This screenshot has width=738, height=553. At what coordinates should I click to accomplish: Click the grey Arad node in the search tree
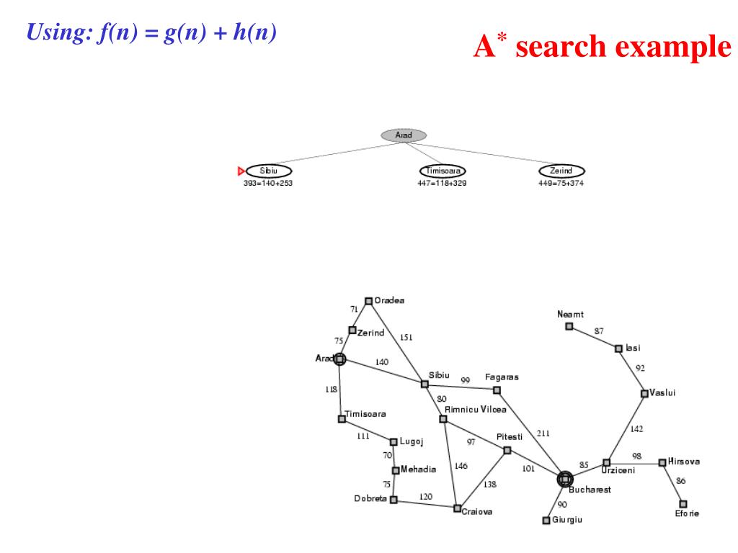click(x=404, y=135)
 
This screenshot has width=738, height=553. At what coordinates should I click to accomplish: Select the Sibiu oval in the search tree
click(x=268, y=171)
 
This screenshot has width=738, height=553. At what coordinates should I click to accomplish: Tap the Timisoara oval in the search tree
click(x=443, y=171)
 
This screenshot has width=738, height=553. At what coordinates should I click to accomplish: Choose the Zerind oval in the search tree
click(x=561, y=171)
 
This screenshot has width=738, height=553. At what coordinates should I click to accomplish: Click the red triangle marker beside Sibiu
click(x=241, y=171)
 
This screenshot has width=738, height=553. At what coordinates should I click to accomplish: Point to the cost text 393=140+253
click(x=268, y=183)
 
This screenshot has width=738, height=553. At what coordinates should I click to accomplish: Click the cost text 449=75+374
click(x=561, y=183)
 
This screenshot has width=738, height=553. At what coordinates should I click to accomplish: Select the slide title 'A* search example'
click(x=602, y=47)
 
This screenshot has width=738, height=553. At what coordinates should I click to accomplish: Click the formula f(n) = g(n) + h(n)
click(x=151, y=32)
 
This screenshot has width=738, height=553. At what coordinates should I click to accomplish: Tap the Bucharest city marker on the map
click(x=565, y=479)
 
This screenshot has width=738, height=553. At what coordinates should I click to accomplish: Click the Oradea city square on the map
click(x=368, y=301)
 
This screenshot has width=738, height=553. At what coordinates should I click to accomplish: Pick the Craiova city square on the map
click(x=457, y=508)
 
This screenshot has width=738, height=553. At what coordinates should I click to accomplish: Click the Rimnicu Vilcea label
click(x=475, y=409)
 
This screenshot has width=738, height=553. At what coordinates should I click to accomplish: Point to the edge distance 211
click(x=543, y=433)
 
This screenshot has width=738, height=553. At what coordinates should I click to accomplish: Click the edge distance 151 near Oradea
click(x=406, y=338)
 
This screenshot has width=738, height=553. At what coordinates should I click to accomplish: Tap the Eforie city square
click(x=683, y=503)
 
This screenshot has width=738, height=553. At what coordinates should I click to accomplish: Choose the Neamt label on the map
click(x=570, y=315)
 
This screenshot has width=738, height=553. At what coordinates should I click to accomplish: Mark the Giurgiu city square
click(x=546, y=520)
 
